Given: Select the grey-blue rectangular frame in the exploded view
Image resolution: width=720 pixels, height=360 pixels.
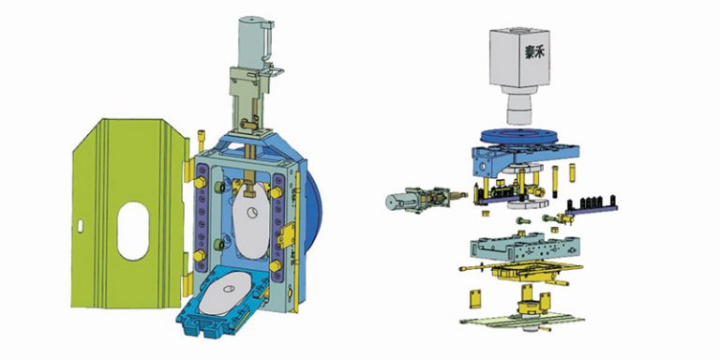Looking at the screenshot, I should tap(520, 249).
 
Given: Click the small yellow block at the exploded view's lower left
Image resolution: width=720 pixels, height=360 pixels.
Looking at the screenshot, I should tap(473, 298).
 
